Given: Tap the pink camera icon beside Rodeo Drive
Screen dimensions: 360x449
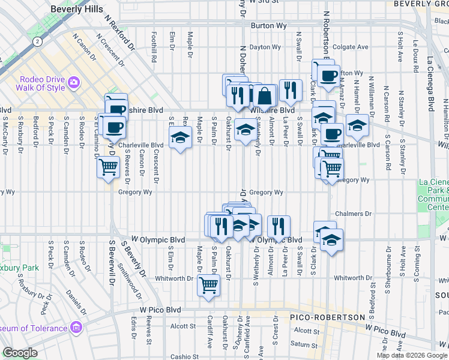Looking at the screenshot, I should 74,81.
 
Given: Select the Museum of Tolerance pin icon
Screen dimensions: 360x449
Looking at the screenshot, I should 76,328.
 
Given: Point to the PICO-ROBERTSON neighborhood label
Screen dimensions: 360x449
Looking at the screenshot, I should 327,317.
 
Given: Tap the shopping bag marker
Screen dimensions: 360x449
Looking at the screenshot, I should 264,95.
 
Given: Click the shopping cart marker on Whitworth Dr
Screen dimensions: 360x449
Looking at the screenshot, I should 208,284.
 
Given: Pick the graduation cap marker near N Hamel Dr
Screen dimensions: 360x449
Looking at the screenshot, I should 358,125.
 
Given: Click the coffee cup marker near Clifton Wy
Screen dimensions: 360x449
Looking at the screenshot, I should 328,76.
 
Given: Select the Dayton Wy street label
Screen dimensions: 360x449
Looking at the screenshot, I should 265,47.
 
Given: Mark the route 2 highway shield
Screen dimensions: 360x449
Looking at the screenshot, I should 38,41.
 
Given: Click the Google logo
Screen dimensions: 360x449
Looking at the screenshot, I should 20,353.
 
